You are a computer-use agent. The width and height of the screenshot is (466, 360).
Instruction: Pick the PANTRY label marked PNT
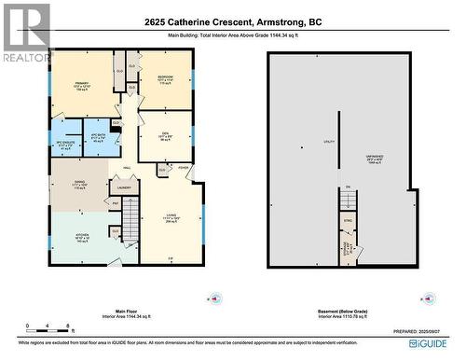[x=116, y=202]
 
